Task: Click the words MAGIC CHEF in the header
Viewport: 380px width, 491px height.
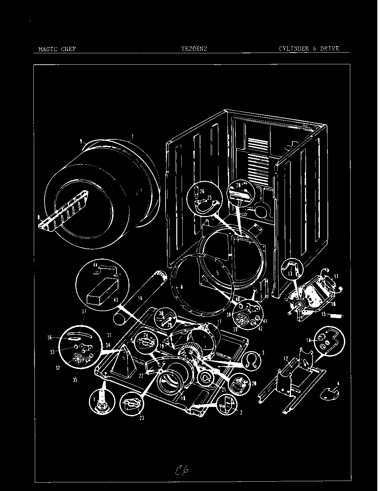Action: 57,49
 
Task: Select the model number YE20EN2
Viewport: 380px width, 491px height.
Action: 194,49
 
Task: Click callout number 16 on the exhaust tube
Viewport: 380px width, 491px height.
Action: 139,298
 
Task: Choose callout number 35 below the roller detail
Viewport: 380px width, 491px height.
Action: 75,379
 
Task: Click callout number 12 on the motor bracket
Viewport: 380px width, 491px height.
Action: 286,359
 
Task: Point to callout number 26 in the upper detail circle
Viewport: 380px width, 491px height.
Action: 202,192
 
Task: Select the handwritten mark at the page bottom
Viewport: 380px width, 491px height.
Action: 181,472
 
